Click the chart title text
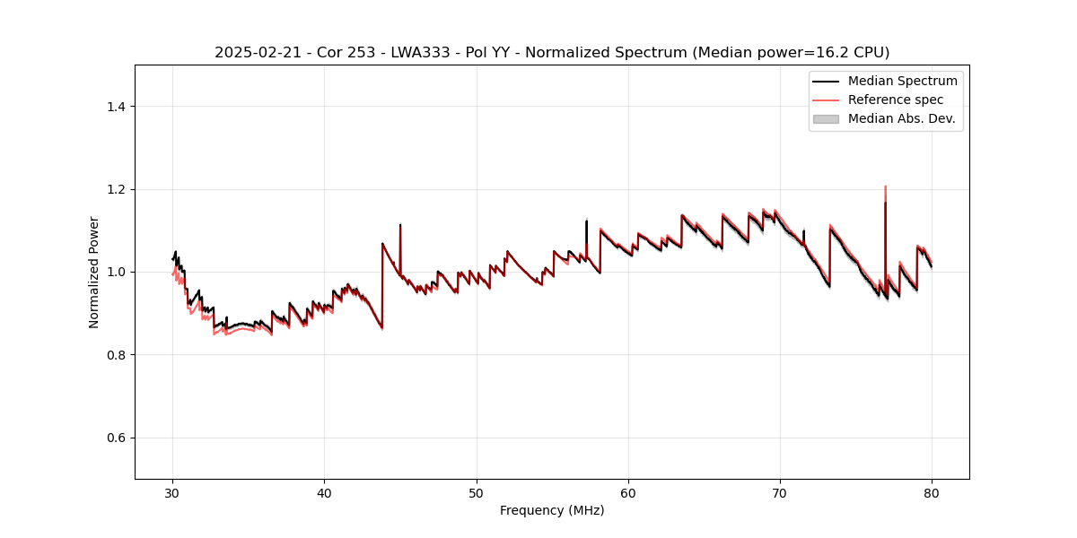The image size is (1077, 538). (552, 53)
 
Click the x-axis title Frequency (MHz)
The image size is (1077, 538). (552, 510)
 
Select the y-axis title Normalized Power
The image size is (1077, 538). (94, 272)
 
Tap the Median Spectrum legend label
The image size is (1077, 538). (902, 81)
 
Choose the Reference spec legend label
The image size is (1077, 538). (895, 100)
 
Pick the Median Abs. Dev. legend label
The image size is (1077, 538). (901, 118)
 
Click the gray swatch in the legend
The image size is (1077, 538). (826, 118)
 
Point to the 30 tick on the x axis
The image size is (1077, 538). (173, 492)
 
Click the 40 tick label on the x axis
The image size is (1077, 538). (325, 492)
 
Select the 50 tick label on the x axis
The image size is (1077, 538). (477, 492)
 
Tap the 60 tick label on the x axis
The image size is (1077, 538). (628, 492)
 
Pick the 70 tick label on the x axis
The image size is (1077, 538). (780, 492)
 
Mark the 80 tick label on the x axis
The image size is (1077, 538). (932, 492)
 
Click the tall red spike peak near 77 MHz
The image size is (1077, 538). (885, 187)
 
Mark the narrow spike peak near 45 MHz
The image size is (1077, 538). (400, 225)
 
